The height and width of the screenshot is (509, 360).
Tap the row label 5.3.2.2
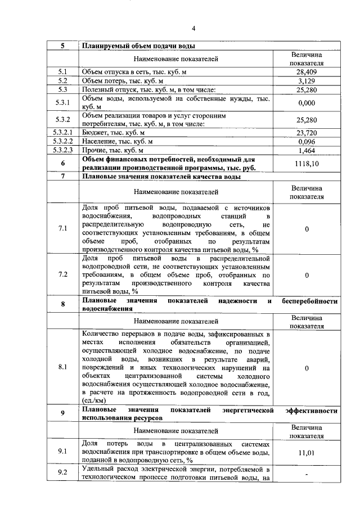click(62, 142)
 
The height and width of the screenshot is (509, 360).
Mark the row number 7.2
click(62, 275)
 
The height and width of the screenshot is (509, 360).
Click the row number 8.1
click(62, 368)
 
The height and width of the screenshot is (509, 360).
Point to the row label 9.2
click(62, 473)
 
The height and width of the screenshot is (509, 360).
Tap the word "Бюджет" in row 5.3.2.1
click(93, 133)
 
